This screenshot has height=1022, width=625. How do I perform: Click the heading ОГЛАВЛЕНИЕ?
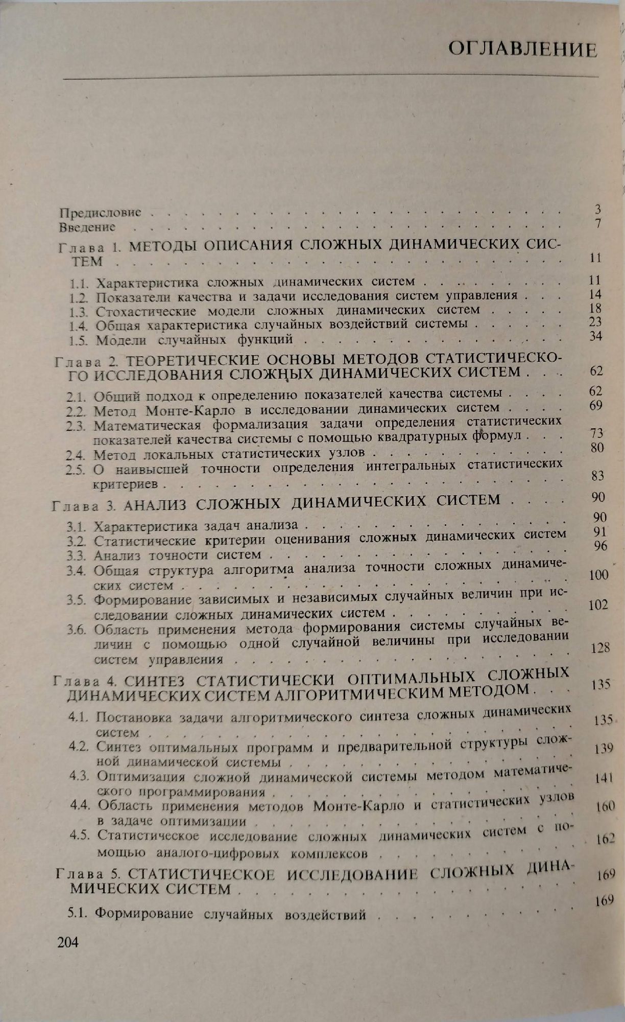point(522,50)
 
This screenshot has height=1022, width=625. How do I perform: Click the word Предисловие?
point(100,212)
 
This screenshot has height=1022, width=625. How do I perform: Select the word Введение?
point(87,226)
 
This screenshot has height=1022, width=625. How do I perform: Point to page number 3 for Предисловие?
point(598,209)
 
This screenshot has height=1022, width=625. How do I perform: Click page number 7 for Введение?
point(598,223)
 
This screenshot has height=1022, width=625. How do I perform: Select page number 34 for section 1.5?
point(595,336)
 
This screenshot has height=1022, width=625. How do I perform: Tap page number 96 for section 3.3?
point(601,546)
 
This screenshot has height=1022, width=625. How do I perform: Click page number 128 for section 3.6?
point(599,648)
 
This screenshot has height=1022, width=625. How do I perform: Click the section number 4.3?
point(80,777)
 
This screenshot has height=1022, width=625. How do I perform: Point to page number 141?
point(604,779)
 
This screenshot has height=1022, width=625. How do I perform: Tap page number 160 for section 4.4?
point(605,807)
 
